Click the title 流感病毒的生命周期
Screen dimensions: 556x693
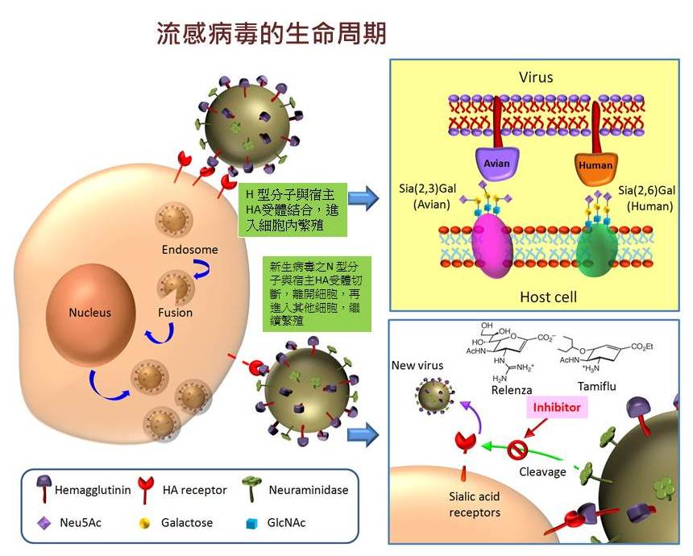click(272, 33)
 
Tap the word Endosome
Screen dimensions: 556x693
click(189, 250)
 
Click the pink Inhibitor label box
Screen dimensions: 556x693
click(556, 408)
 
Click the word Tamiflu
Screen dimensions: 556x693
click(597, 387)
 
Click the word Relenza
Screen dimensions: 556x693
click(512, 390)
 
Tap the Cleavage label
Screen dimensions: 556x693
click(542, 471)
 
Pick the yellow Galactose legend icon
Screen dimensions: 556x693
click(144, 523)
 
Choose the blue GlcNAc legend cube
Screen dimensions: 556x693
click(251, 523)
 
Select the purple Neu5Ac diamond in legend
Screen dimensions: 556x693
click(42, 523)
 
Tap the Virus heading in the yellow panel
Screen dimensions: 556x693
click(535, 78)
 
